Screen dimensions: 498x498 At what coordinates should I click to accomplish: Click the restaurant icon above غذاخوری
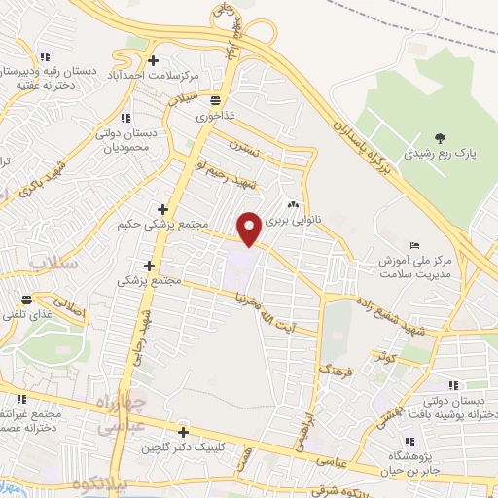click(214, 100)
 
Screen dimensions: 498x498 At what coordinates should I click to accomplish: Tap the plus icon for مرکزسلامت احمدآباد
click(154, 60)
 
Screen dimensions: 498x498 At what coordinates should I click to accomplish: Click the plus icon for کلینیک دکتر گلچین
click(183, 432)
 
